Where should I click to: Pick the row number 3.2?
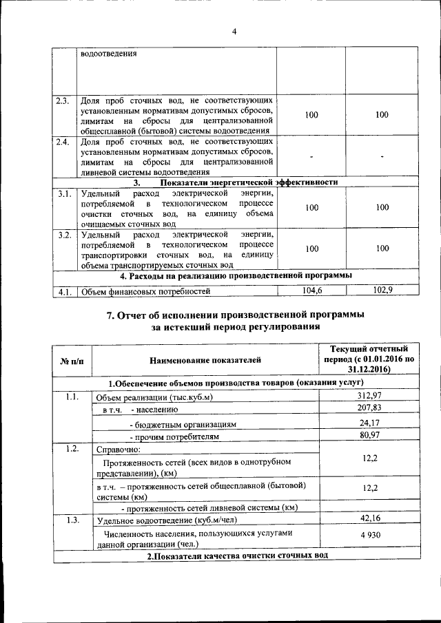pos(65,235)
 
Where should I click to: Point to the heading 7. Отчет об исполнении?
pos(235,314)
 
